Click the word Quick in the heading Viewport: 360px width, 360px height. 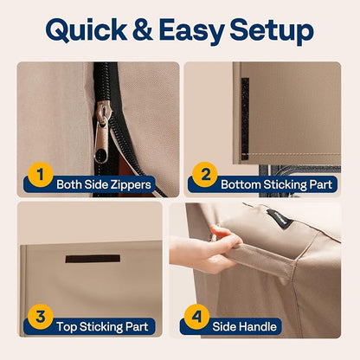point(86,30)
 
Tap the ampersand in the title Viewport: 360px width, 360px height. point(143,29)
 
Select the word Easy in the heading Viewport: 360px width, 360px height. point(191,31)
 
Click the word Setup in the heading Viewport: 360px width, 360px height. point(272,31)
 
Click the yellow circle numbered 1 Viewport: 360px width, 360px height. point(41,175)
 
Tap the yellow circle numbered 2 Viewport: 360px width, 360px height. point(205,175)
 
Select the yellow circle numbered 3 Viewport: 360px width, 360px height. point(41,317)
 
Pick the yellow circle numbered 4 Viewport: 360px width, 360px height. point(196,317)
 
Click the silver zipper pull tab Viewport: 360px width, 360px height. point(101,141)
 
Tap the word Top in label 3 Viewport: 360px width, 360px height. point(67,327)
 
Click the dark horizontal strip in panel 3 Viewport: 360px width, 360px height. point(93,259)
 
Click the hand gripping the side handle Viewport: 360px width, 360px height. point(205,249)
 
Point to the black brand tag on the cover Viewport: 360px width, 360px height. point(280,219)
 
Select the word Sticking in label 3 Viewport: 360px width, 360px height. point(99,327)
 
